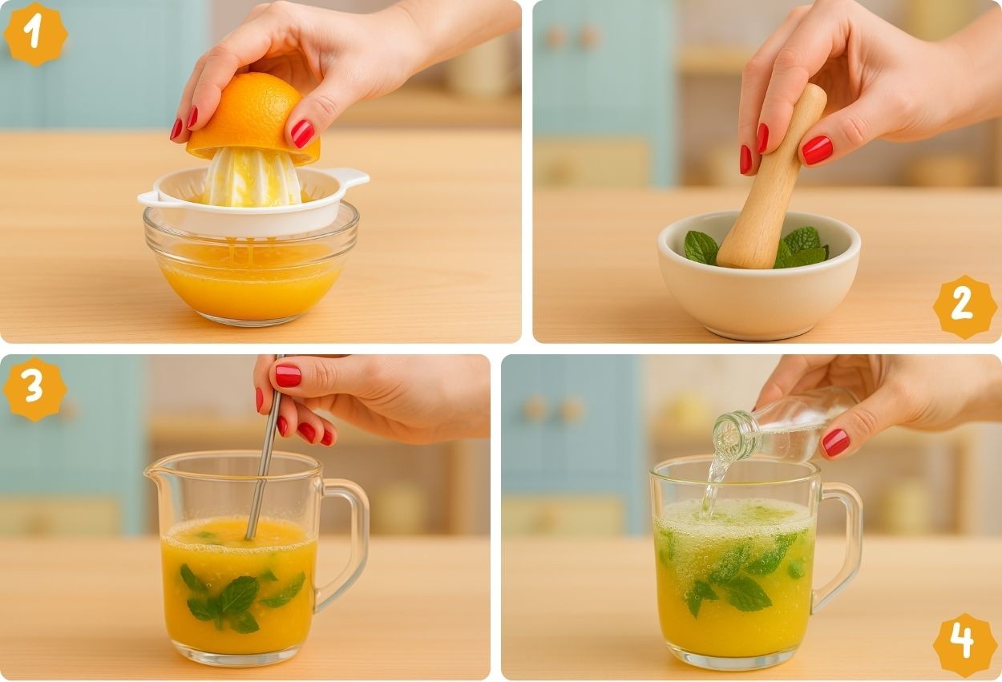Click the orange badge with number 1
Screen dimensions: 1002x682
tap(35, 34)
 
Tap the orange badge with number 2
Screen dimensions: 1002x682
tap(965, 307)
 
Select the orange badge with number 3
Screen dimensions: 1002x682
tap(35, 389)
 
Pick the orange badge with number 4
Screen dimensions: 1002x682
tap(965, 645)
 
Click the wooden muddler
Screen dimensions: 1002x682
tap(770, 179)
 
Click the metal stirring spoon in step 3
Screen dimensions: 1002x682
tap(265, 447)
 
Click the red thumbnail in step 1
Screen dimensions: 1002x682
tap(302, 133)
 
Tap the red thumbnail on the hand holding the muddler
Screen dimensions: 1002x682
tap(817, 150)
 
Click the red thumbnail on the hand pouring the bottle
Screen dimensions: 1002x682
tap(835, 442)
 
